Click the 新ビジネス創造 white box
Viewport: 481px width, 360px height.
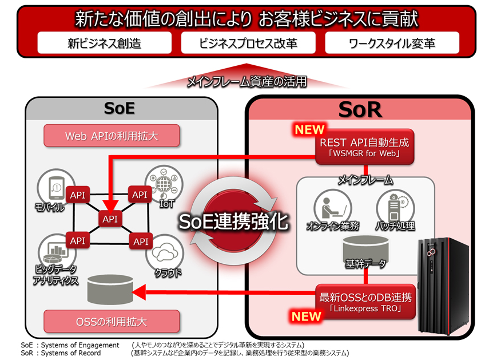click(x=104, y=43)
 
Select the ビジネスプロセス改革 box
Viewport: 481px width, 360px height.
click(x=248, y=43)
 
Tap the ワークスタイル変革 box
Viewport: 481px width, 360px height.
click(x=392, y=43)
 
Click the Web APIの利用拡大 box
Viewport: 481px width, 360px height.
click(x=112, y=136)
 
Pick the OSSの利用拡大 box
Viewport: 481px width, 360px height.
click(x=112, y=321)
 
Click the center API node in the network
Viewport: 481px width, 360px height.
click(x=110, y=219)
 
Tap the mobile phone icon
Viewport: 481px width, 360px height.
click(x=56, y=187)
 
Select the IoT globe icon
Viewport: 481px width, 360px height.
click(x=164, y=184)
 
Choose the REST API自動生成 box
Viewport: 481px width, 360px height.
click(x=364, y=147)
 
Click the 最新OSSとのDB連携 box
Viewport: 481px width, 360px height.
click(x=365, y=302)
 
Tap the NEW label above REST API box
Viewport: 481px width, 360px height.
click(x=309, y=129)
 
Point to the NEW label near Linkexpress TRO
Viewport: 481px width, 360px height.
click(x=306, y=316)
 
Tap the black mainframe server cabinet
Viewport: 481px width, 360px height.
click(x=444, y=286)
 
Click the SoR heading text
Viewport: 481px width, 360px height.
click(x=360, y=109)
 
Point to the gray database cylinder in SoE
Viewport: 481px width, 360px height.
click(x=110, y=290)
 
